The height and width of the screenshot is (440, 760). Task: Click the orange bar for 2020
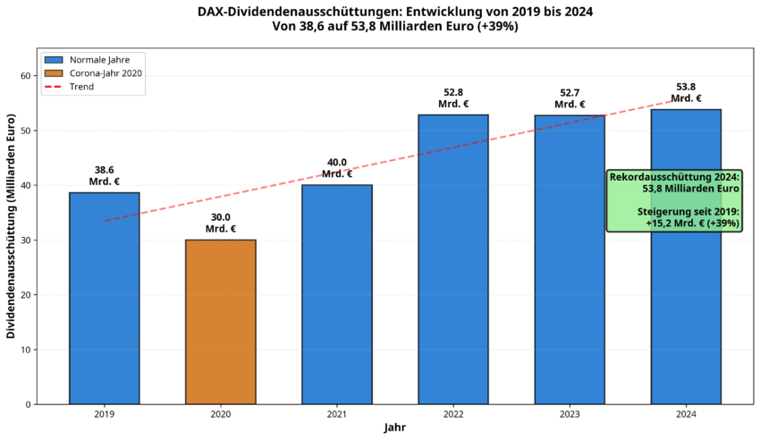pyautogui.click(x=221, y=322)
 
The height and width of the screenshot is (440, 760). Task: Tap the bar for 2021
pyautogui.click(x=337, y=294)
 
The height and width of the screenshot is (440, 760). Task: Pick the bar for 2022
pyautogui.click(x=453, y=259)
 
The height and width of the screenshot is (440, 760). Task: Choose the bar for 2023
pyautogui.click(x=570, y=259)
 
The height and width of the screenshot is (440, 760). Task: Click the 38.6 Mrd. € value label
pyautogui.click(x=105, y=175)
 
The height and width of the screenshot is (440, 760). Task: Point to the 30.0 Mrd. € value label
pyautogui.click(x=221, y=223)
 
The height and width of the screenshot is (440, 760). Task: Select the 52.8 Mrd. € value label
pyautogui.click(x=453, y=97)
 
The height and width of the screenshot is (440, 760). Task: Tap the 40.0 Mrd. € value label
pyautogui.click(x=337, y=168)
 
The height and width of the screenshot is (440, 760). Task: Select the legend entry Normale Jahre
pyautogui.click(x=99, y=60)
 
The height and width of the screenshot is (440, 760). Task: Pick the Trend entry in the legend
pyautogui.click(x=82, y=87)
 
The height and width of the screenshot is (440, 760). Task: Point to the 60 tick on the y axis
pyautogui.click(x=24, y=76)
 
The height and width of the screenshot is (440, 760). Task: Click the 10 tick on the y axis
pyautogui.click(x=24, y=350)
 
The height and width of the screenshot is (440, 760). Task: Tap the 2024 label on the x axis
pyautogui.click(x=686, y=414)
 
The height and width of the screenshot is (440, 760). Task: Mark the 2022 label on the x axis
pyautogui.click(x=453, y=414)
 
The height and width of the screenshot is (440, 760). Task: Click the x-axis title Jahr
pyautogui.click(x=395, y=428)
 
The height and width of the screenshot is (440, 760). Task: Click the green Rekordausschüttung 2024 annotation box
pyautogui.click(x=674, y=200)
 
